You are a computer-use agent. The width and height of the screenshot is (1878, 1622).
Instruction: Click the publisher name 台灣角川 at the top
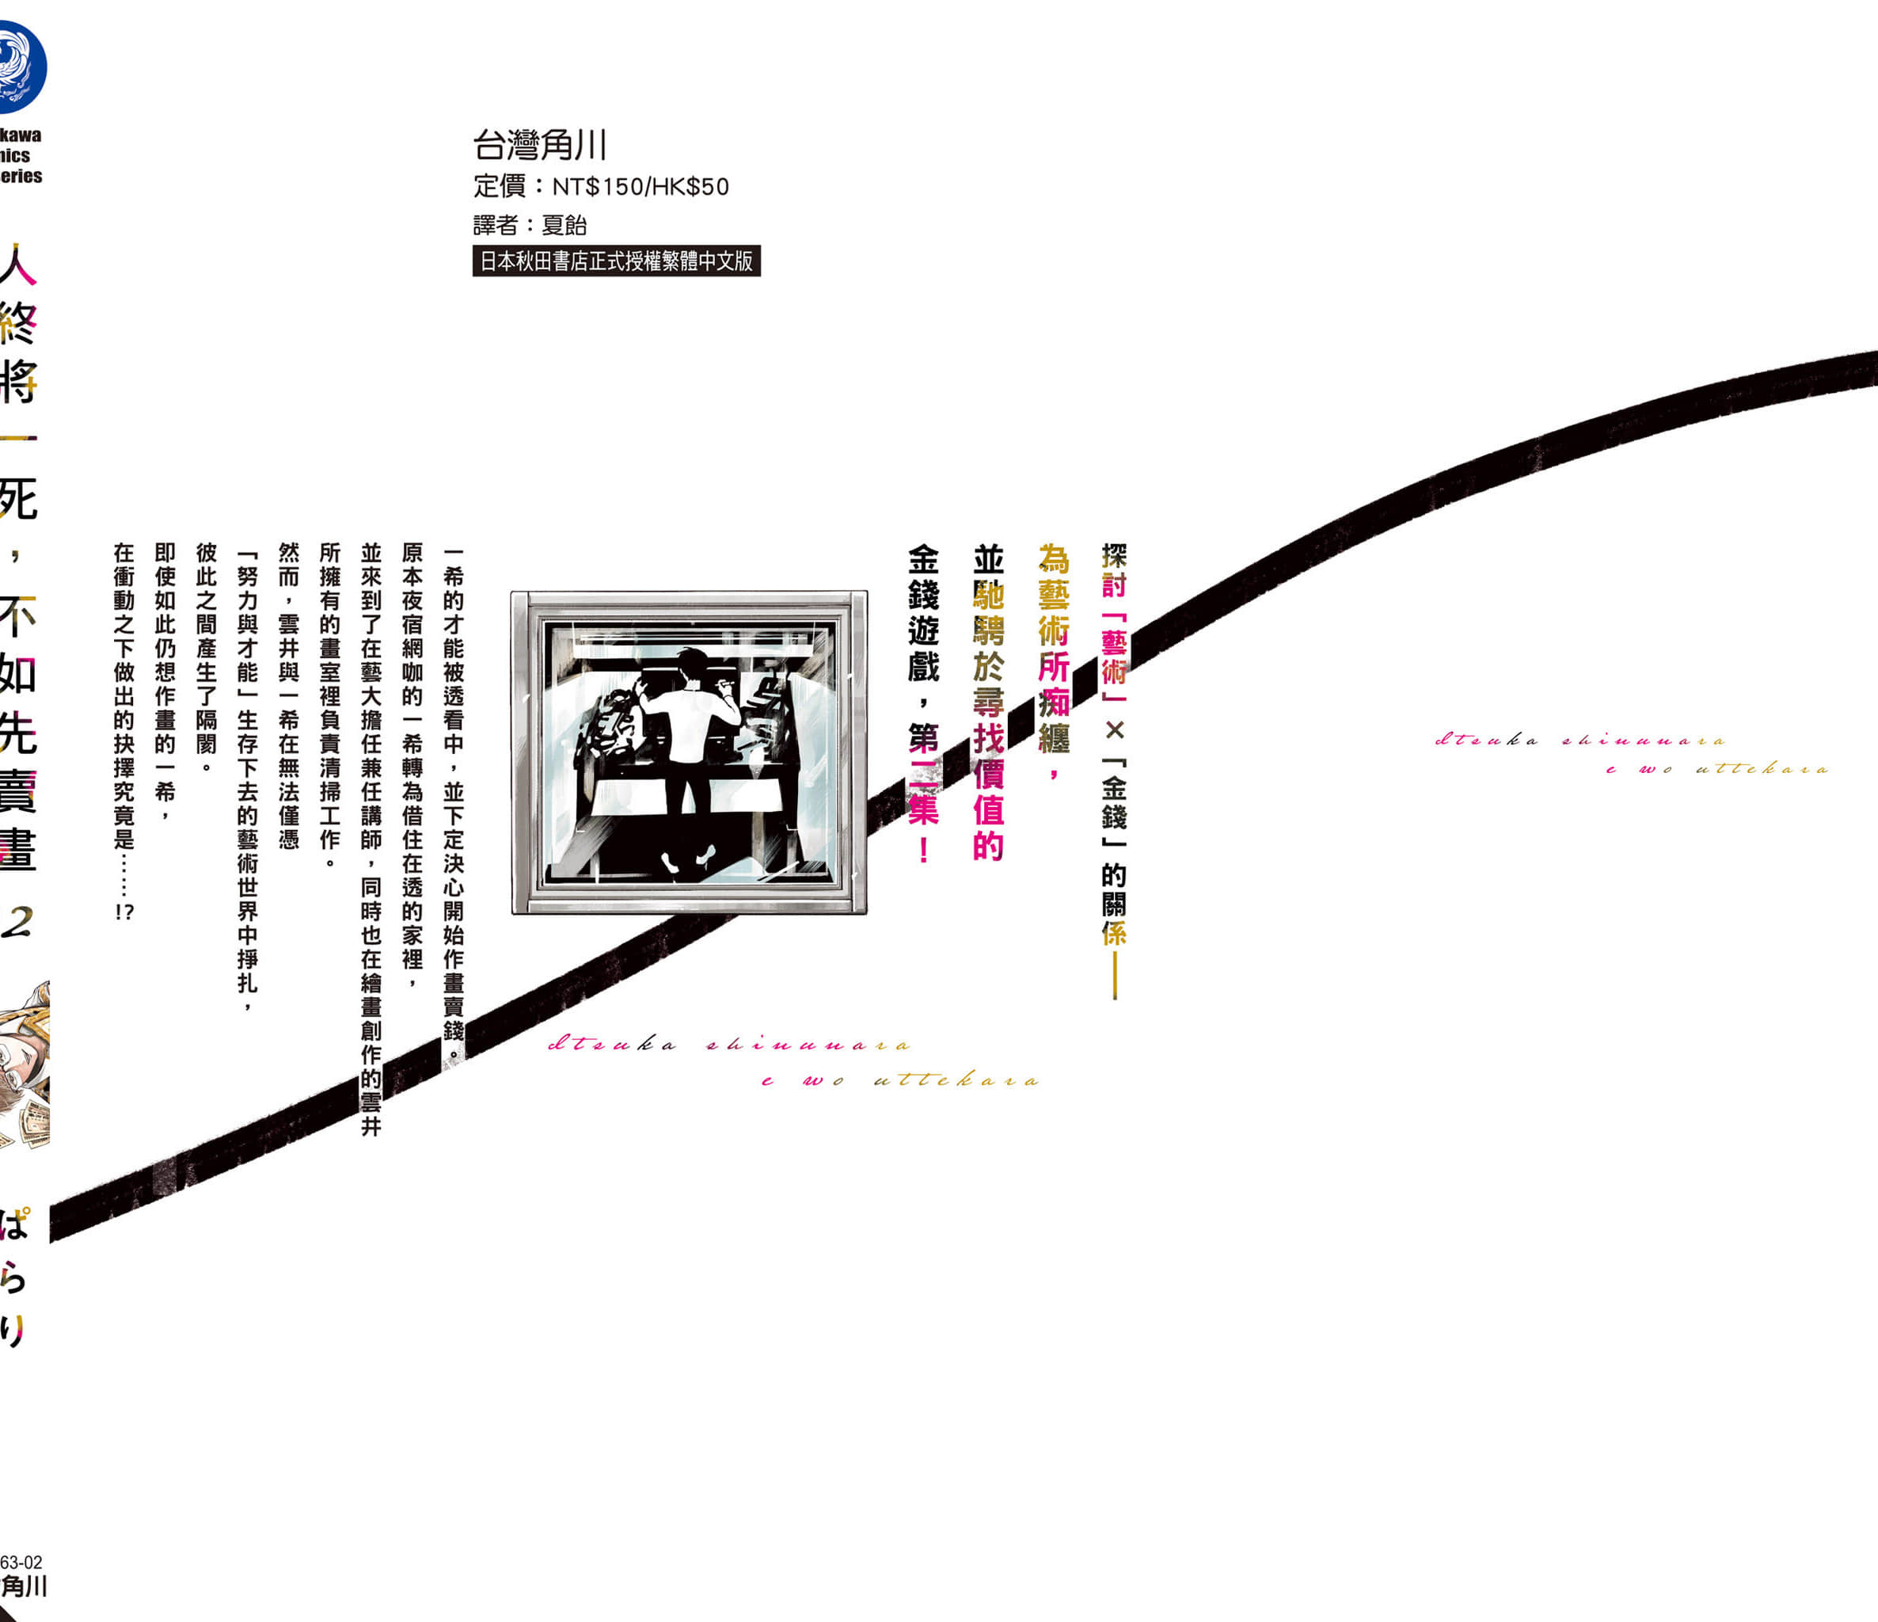tap(539, 145)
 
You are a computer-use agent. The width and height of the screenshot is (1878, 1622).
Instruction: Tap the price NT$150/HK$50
tap(640, 188)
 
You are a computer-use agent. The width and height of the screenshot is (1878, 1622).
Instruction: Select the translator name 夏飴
tap(564, 225)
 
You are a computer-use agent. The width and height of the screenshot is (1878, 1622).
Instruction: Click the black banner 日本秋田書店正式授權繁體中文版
tap(616, 261)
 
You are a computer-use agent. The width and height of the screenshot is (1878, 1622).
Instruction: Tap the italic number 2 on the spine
tap(18, 922)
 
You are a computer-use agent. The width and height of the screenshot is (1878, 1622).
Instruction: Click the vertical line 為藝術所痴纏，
tap(1053, 662)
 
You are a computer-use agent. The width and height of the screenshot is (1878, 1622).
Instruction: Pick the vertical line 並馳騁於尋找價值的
tap(988, 702)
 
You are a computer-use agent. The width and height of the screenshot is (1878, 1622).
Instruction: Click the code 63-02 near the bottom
tap(21, 1562)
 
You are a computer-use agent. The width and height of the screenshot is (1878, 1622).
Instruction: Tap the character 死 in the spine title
tap(18, 499)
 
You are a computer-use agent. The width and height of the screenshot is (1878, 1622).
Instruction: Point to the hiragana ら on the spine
tap(13, 1278)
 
